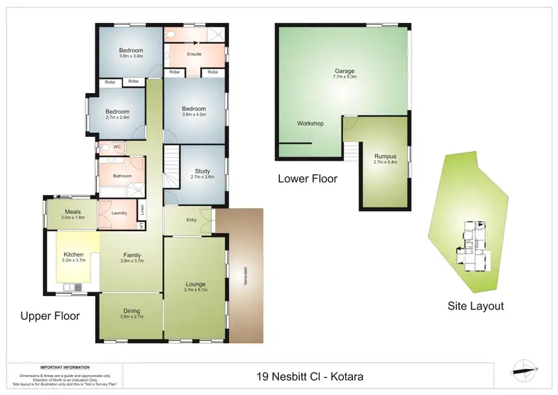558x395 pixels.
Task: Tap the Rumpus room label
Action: click(x=385, y=157)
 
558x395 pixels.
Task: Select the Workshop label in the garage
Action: click(x=310, y=123)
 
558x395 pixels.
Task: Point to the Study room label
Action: click(x=202, y=173)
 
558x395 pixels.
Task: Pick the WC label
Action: click(x=117, y=147)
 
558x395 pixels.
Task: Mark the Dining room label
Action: click(x=131, y=312)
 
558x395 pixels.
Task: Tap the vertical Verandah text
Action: click(x=245, y=275)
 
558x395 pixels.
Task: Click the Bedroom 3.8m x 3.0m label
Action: click(x=130, y=52)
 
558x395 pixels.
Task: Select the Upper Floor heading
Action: click(x=50, y=316)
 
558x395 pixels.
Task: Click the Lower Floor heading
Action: click(x=307, y=179)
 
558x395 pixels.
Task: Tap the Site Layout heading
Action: click(x=475, y=306)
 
